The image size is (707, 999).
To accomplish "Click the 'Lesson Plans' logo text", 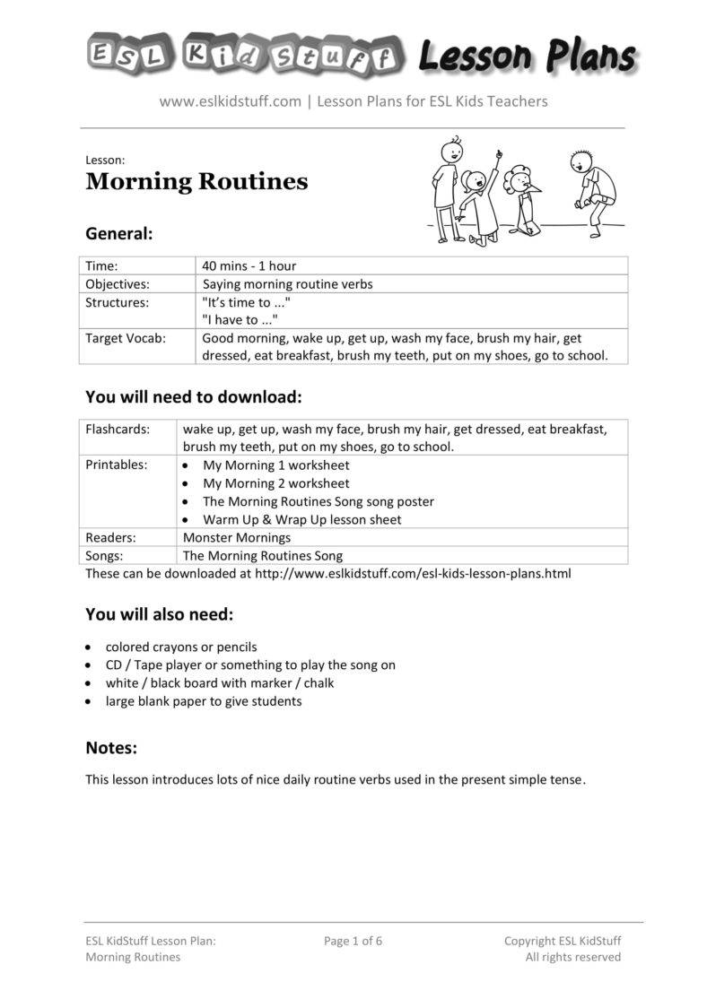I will (527, 57).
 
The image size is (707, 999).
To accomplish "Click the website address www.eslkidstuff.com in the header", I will (230, 101).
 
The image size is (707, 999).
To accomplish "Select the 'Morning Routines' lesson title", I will (196, 182).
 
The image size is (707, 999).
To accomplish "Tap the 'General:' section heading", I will (119, 233).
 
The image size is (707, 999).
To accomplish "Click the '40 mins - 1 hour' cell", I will (249, 265).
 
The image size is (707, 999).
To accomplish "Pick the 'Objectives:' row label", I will (118, 283).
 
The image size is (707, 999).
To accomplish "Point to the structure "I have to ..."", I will (240, 319).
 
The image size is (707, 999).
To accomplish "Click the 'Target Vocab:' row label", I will (126, 338).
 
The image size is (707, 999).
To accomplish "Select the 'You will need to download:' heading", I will (193, 396).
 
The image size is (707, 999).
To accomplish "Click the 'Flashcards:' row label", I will (118, 429).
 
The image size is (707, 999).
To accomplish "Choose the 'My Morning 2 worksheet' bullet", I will (275, 483).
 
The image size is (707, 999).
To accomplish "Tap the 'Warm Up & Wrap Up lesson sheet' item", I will (301, 519).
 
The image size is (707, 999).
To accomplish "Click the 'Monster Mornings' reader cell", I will (237, 537).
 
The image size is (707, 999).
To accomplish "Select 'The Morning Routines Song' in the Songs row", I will (262, 555).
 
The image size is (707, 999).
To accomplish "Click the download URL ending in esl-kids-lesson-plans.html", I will (413, 573).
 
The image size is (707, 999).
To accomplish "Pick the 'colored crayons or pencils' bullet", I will (181, 647).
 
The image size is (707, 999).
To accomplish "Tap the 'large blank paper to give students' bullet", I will (204, 701).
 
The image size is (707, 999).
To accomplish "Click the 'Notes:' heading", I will (111, 747).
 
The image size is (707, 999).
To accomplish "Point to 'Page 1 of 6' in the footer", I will (353, 941).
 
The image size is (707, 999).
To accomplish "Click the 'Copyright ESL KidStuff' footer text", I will (562, 941).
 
